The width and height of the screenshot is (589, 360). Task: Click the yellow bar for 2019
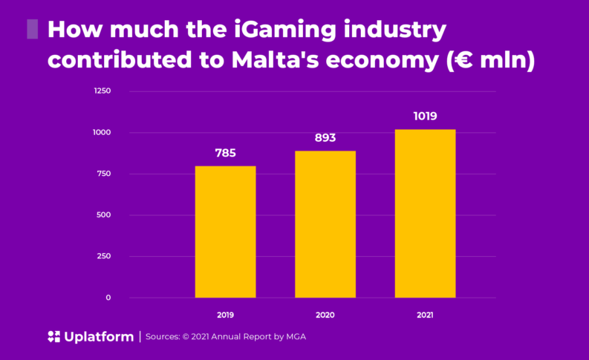point(225,232)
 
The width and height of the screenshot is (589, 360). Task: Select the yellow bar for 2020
point(325,224)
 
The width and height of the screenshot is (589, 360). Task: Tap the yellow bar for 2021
point(425,214)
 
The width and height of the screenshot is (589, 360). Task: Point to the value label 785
point(225,154)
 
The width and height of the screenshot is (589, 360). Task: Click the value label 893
point(325,138)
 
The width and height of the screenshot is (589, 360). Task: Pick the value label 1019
point(425,117)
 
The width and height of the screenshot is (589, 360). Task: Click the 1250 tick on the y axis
point(102,91)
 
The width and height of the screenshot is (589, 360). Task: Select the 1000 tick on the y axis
point(102,133)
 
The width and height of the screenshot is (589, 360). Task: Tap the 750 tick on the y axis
point(103,174)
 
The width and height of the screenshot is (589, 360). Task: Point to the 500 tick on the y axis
point(103,215)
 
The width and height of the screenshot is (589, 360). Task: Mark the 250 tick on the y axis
point(103,256)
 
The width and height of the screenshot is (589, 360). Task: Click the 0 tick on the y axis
point(108,298)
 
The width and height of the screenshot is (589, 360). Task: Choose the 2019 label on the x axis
point(225,315)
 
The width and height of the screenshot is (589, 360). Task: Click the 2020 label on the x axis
point(325,315)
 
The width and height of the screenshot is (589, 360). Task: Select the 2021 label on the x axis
point(425,315)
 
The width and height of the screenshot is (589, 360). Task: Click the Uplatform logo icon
point(53,337)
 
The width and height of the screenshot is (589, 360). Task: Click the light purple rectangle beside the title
point(32,30)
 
